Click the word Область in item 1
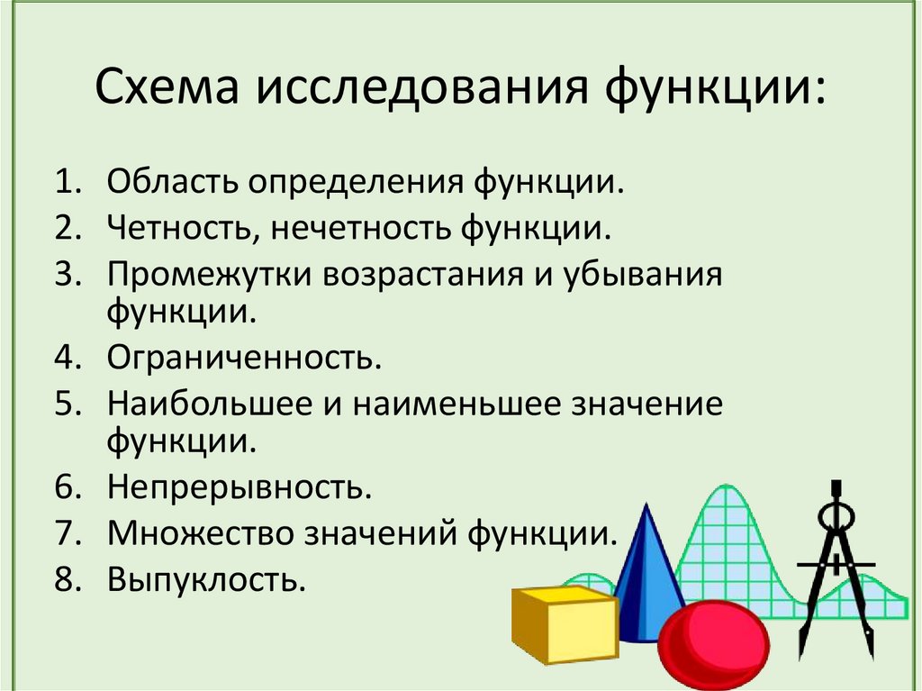pos(175,184)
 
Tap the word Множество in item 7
pos(203,532)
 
